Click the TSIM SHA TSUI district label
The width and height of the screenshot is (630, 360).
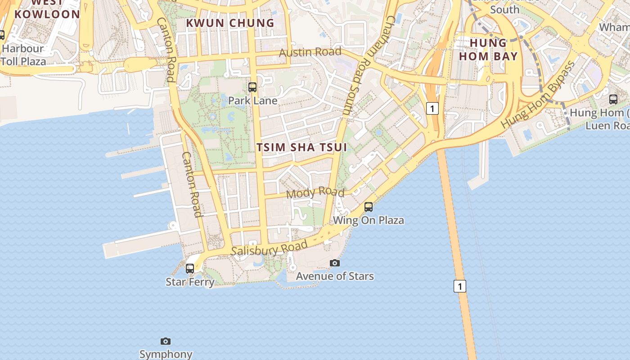301,147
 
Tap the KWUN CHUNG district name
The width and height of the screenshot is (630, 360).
230,23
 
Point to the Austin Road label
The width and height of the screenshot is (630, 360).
310,52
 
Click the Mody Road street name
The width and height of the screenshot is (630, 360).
315,193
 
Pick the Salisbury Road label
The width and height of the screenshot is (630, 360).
269,248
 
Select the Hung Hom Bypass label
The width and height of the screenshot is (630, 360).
538,94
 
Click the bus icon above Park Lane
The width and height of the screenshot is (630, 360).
252,87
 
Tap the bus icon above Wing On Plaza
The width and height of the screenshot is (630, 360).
369,207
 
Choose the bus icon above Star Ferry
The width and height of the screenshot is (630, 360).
190,269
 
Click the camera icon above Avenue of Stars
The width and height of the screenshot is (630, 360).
334,263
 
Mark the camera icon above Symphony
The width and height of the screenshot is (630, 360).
166,342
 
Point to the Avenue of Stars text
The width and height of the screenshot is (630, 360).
334,276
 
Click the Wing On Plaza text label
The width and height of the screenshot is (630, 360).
368,220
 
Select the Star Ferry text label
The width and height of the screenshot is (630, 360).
190,282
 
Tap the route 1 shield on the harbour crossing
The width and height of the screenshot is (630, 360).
459,286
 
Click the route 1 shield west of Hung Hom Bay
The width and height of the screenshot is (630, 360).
432,108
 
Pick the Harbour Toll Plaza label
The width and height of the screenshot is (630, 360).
23,54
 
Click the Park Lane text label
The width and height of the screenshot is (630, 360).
252,100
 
